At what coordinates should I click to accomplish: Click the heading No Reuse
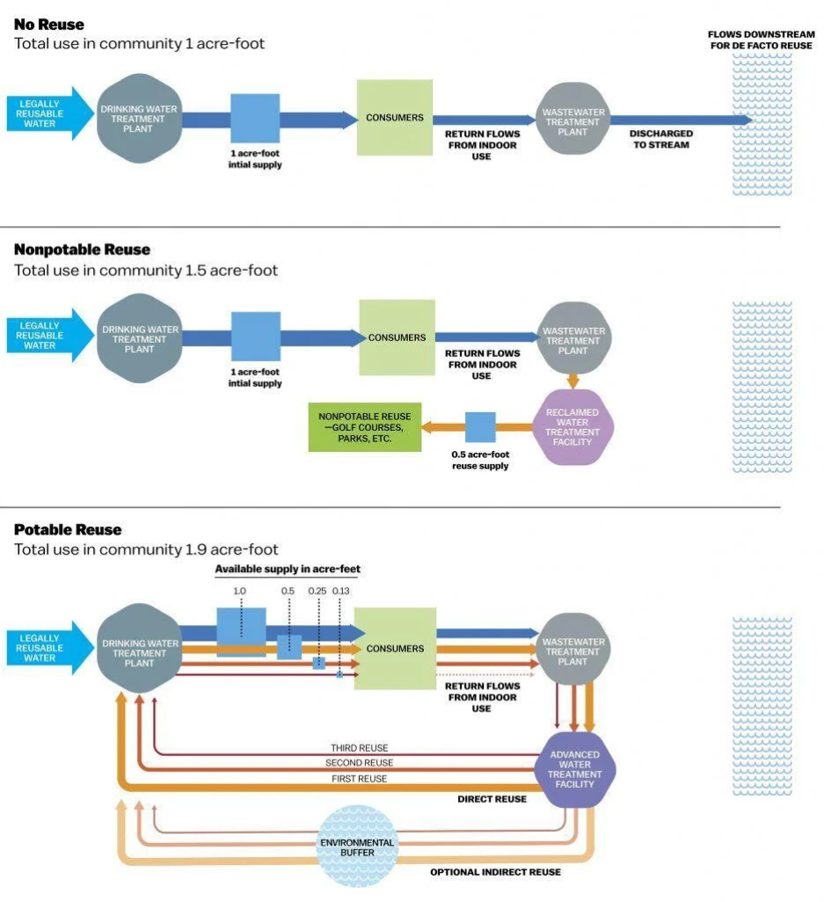tap(48, 25)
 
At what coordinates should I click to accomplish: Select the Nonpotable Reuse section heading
tap(82, 250)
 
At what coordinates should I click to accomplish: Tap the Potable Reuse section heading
tap(68, 529)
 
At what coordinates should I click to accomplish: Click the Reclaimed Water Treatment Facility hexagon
tap(572, 427)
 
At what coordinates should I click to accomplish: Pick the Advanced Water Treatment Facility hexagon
tap(574, 769)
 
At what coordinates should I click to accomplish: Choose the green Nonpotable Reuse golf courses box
tap(364, 427)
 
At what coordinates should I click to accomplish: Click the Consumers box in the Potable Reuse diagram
tap(395, 649)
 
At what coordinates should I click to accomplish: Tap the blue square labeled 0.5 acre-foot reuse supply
tap(480, 427)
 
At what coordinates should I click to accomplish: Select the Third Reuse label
tap(359, 748)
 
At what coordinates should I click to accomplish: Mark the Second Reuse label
tap(359, 763)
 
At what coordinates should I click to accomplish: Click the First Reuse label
tap(359, 779)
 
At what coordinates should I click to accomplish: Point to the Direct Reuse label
tap(492, 799)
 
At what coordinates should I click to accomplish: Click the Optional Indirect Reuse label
tap(495, 872)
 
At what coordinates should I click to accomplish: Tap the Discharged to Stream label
tap(660, 139)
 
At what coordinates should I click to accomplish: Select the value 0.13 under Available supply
tap(341, 592)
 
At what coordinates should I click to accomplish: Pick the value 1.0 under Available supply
tap(240, 592)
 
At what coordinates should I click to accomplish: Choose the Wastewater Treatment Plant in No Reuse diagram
tap(572, 119)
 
